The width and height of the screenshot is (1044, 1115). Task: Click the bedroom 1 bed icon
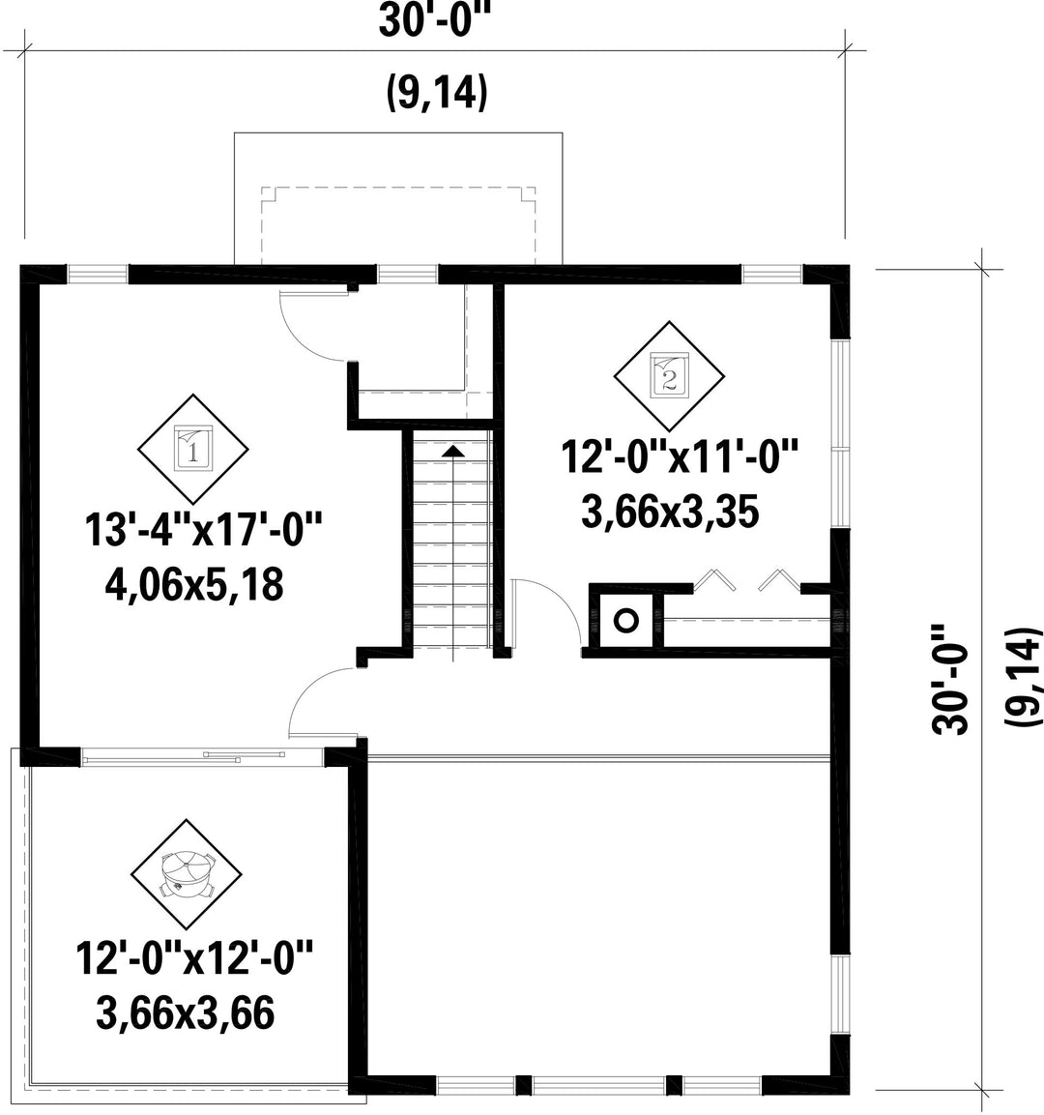pos(192,448)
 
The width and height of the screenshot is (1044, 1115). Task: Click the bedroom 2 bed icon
pos(669,375)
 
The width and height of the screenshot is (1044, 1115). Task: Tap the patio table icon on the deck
pos(187,874)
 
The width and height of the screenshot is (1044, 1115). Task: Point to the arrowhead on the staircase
pos(453,450)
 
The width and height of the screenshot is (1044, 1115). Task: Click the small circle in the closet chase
pos(625,621)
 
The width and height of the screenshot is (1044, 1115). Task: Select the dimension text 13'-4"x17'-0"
pos(204,530)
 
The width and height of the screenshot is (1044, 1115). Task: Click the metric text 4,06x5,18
pos(193,585)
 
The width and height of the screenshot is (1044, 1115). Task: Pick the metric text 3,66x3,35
pos(670,512)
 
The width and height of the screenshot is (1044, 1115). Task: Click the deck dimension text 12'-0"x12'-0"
pos(194,957)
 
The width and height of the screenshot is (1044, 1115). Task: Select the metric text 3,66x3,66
pos(185,1012)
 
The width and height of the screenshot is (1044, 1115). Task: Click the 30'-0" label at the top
pos(435,21)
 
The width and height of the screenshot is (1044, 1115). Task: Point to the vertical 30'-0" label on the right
pos(949,679)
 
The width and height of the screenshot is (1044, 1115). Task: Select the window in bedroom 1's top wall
pos(98,274)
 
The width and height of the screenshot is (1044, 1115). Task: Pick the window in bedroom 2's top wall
pos(771,274)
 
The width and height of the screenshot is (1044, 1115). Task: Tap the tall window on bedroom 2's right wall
pos(841,433)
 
